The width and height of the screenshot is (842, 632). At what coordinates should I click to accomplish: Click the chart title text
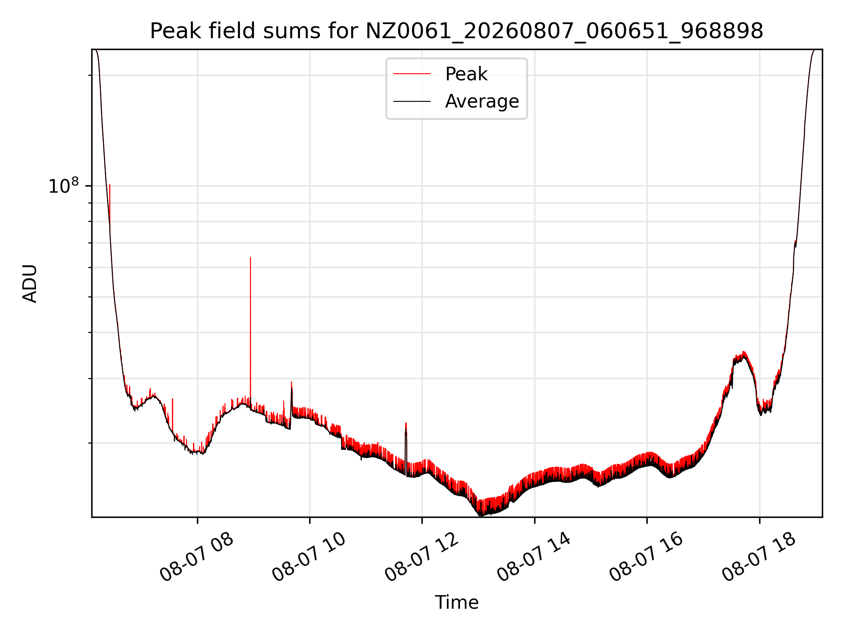tap(457, 31)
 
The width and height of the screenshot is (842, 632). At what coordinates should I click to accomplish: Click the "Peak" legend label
tap(466, 74)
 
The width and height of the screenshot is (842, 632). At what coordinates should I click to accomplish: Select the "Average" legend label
tap(482, 101)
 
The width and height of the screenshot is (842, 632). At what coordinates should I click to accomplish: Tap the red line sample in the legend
tap(412, 74)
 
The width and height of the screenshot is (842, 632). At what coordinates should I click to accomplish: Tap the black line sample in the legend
tap(412, 101)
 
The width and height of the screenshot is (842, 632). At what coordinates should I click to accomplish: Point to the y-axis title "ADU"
tap(30, 284)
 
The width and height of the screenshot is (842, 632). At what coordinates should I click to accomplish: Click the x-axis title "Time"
tap(457, 602)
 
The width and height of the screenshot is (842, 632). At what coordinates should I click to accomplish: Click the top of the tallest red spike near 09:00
tap(250, 258)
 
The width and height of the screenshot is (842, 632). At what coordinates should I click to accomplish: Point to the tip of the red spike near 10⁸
tap(110, 185)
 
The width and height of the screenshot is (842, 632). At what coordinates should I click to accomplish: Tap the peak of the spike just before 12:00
tap(406, 423)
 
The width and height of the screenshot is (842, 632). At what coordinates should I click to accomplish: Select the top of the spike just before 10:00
tap(292, 382)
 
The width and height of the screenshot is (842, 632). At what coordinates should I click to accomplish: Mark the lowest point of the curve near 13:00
tap(481, 515)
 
